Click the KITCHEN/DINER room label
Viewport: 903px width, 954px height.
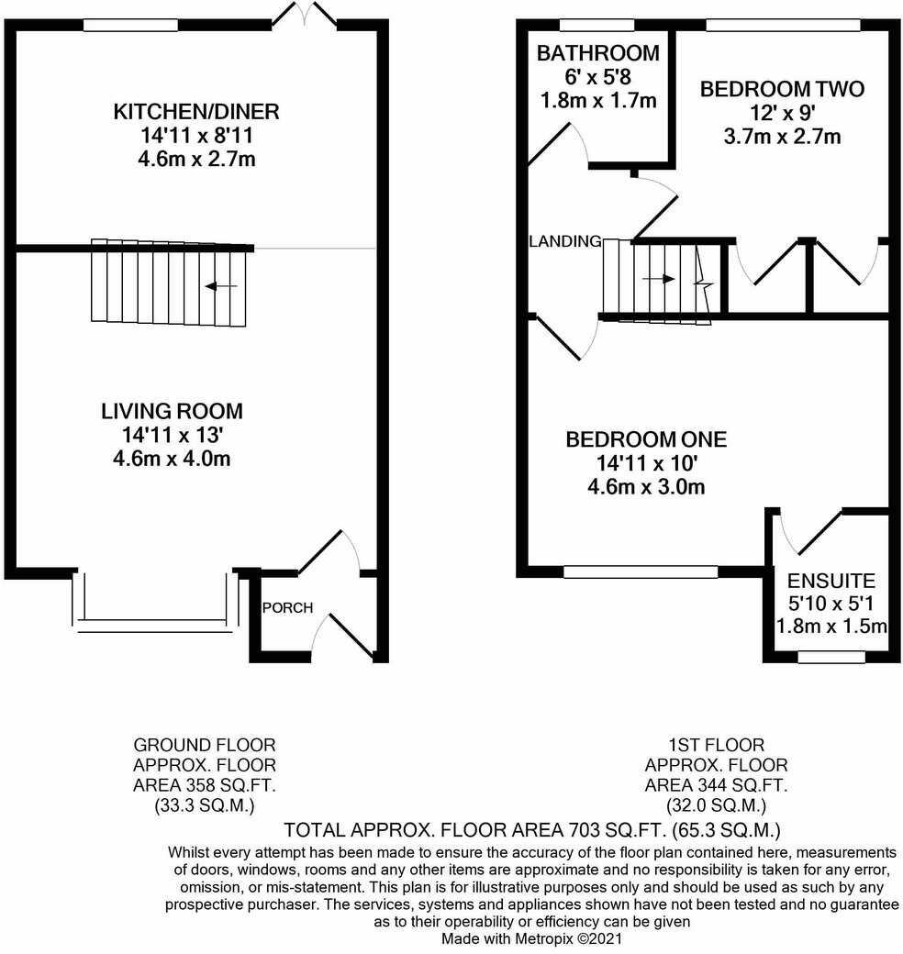coord(195,113)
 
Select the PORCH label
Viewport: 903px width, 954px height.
coord(287,608)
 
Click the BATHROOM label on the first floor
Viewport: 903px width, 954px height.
coord(598,52)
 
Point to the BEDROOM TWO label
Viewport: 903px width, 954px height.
coord(782,89)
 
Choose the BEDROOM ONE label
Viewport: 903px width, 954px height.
coord(646,439)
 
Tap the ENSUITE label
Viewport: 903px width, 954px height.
coord(831,581)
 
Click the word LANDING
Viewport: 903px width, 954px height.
coord(565,242)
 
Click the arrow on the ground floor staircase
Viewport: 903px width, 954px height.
coord(221,286)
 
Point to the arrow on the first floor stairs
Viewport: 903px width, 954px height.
coord(658,278)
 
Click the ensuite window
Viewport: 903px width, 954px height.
coord(831,657)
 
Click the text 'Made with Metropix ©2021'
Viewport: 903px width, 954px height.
coord(531,939)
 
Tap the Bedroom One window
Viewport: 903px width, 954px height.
coord(641,571)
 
